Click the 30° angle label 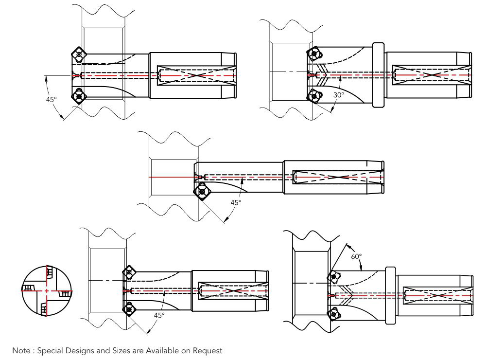point(339,94)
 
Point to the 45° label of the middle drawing point(236,202)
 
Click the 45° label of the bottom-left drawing point(159,315)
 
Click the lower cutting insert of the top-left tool point(79,96)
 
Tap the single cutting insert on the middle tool point(202,192)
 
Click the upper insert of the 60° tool point(333,277)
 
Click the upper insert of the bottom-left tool point(129,273)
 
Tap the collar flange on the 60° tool point(390,295)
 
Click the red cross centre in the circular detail point(47,290)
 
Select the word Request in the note point(208,350)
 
